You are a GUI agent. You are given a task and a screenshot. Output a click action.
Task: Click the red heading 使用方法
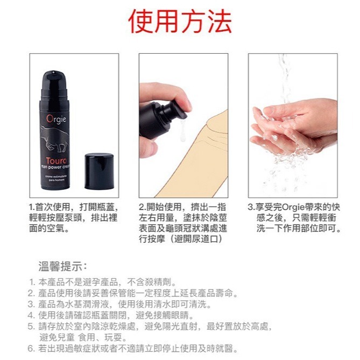[x=180, y=22]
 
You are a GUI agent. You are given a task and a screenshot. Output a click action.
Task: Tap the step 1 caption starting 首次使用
[x=73, y=218]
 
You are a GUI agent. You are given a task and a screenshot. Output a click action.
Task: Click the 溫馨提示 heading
[x=63, y=266]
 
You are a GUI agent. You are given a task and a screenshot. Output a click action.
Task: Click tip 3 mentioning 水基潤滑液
[x=124, y=305]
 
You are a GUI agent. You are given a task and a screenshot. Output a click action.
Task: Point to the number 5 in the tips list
[x=31, y=326]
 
